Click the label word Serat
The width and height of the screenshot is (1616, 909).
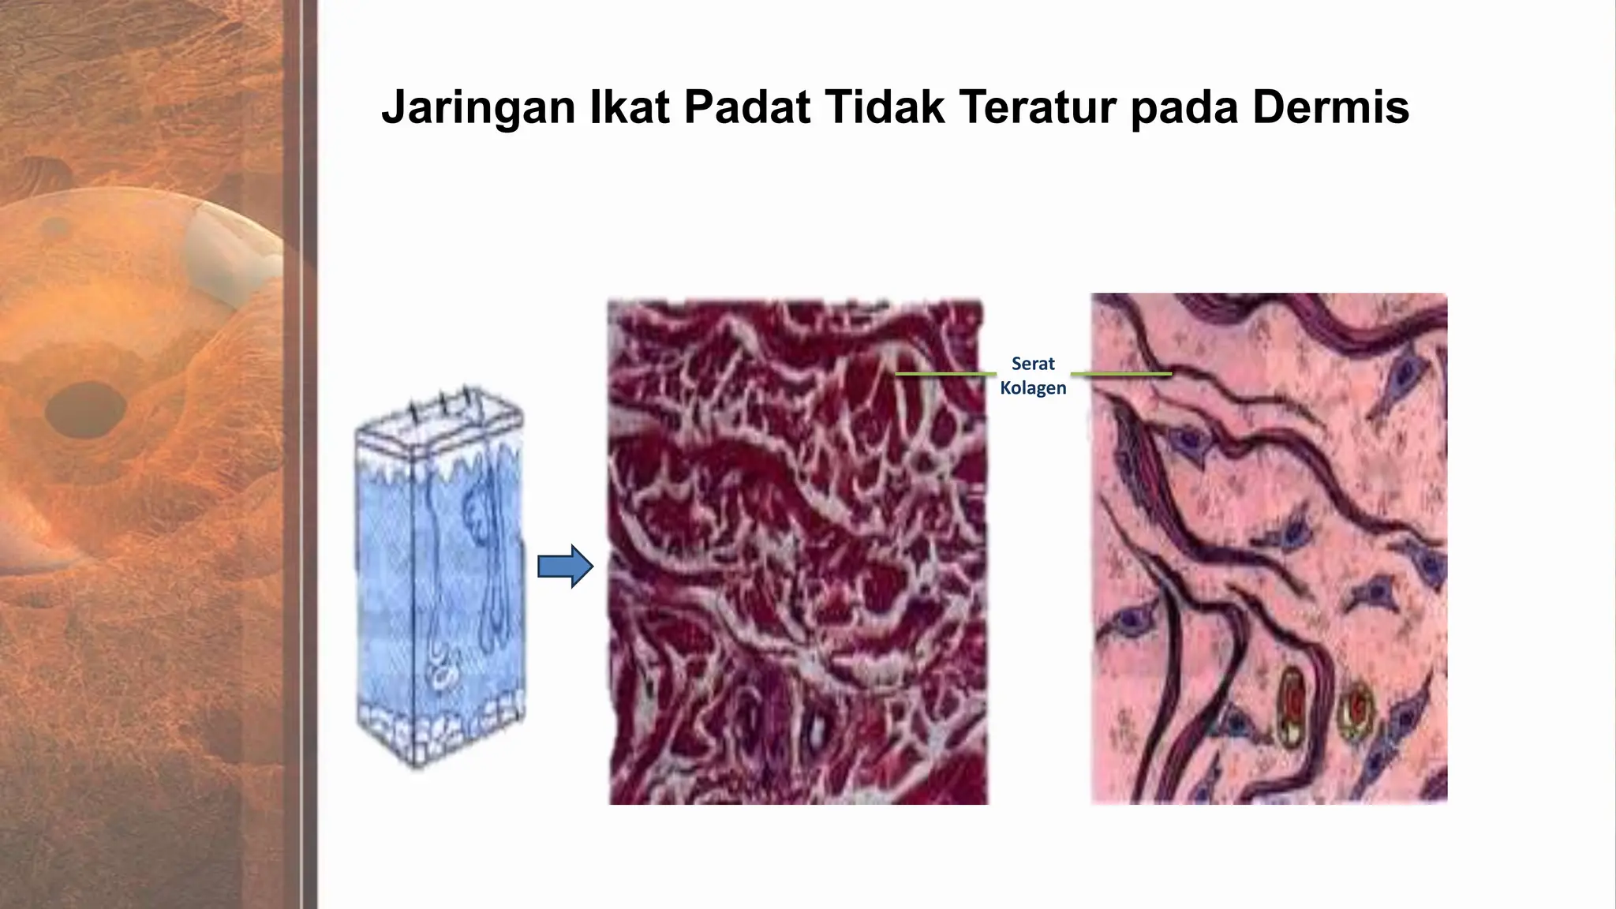click(x=1033, y=364)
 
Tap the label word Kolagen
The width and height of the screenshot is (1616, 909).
click(x=1033, y=388)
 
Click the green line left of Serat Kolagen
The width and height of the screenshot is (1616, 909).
click(x=945, y=373)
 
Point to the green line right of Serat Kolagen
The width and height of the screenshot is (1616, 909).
click(x=1121, y=373)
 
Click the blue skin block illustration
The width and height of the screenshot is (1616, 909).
click(x=439, y=584)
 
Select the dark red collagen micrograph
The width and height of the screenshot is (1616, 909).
click(x=797, y=552)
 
